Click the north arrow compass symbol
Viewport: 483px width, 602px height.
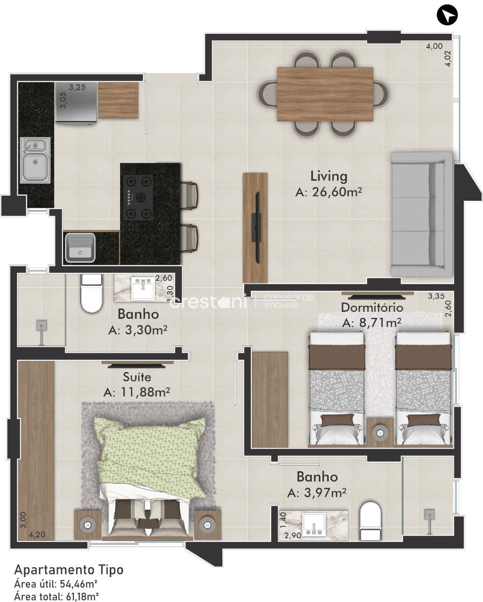coord(447,15)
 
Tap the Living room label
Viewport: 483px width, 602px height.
coord(329,177)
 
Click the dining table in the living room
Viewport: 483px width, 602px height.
coord(325,94)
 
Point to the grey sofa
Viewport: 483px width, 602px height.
coord(422,214)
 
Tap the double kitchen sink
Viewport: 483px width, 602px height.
coord(35,160)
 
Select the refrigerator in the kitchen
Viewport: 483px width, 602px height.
coord(76,102)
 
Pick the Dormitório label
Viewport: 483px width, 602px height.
coord(372,308)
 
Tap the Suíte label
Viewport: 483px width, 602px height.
coord(137,377)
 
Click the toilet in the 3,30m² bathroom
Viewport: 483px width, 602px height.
coord(91,293)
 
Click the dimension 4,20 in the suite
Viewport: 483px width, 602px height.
coord(37,535)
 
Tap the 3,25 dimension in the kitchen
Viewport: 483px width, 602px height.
coord(77,87)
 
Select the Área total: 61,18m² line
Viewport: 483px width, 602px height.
coord(56,595)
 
